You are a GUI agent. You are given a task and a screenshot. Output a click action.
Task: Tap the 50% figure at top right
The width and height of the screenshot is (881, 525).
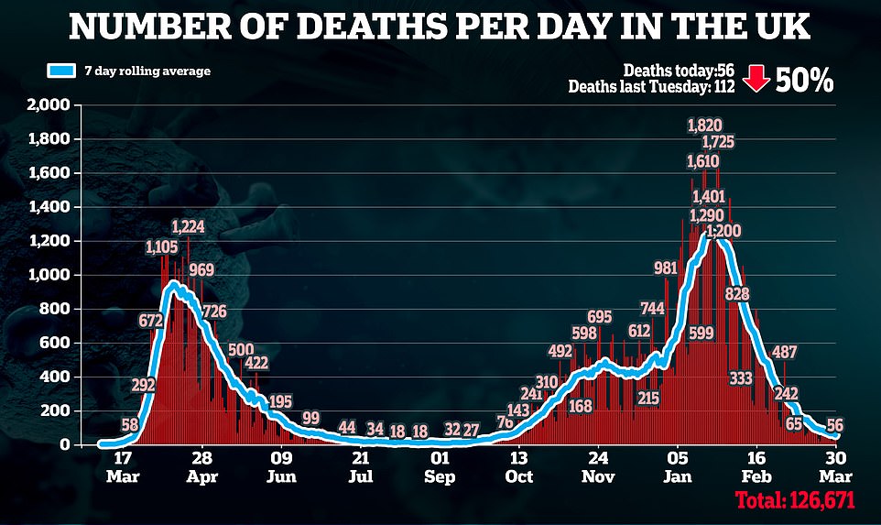click(804, 81)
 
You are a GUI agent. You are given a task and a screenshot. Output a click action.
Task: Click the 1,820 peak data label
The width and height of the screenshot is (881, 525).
click(705, 126)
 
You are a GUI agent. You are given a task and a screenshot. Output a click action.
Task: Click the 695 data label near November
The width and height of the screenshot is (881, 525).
click(599, 317)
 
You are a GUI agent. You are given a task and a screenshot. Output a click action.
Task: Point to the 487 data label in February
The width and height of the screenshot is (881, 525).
click(783, 353)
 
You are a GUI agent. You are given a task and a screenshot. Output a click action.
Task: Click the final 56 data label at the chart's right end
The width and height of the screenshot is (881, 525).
click(834, 424)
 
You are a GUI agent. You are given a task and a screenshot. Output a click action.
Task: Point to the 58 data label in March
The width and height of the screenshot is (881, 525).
click(129, 424)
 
